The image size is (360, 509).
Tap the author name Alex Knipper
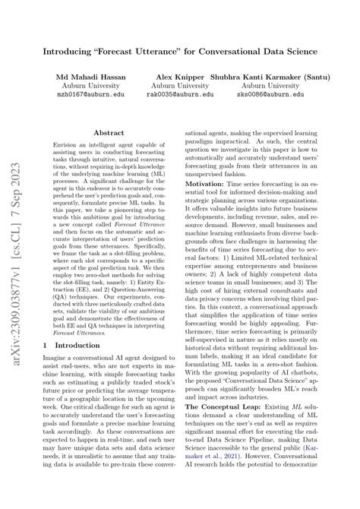178,78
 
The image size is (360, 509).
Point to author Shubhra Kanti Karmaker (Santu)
271,78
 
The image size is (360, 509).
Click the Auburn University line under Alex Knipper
178,87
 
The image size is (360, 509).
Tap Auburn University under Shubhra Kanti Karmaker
271,87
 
